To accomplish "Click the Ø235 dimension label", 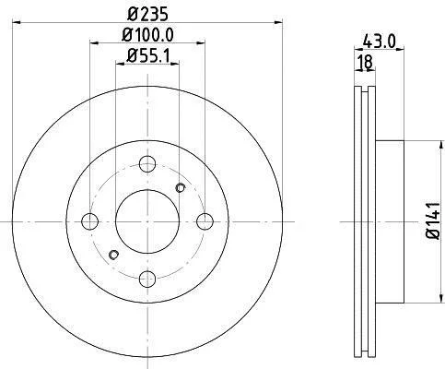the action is click(147, 14).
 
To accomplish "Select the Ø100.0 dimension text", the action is click(147, 35).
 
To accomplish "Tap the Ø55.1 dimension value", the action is click(148, 55).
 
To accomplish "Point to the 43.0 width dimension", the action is click(379, 42).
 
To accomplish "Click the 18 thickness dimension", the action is click(366, 62).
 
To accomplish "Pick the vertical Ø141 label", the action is click(435, 220).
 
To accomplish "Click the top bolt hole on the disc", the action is click(147, 164).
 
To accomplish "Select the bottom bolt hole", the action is click(147, 279).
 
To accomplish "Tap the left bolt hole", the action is click(90, 221).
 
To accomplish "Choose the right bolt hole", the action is click(205, 221).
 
